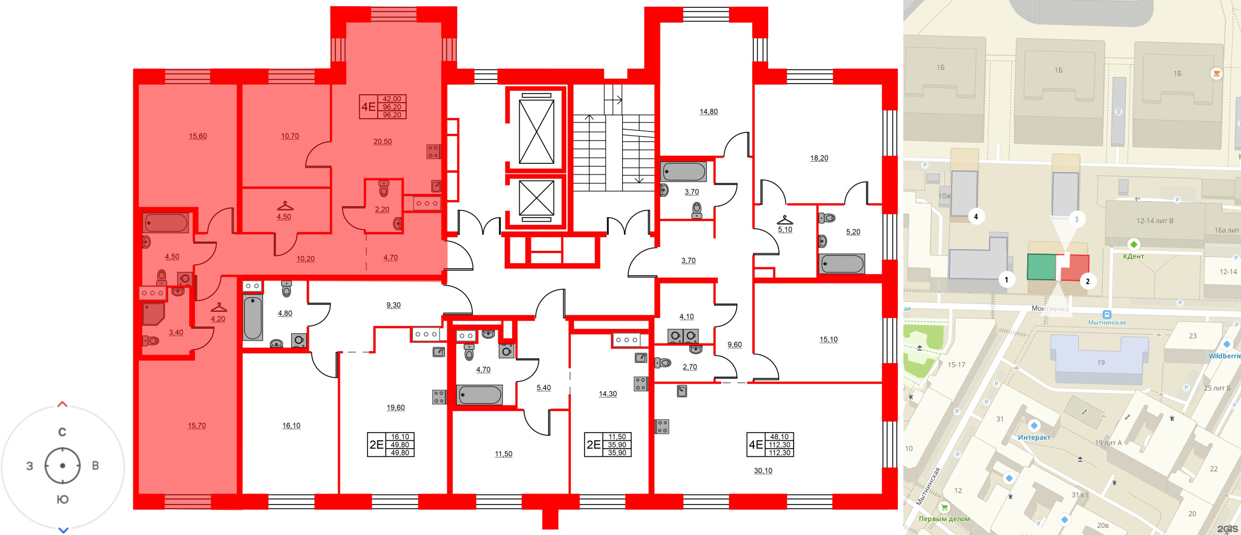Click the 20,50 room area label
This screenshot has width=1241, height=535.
382,142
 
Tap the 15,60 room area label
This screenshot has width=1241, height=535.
198,136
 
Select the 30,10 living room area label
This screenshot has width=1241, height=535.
763,471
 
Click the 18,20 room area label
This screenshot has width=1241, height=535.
819,158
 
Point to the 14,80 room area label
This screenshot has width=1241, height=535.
708,112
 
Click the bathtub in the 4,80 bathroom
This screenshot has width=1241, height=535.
253,318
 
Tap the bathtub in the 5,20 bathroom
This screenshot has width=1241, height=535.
842,264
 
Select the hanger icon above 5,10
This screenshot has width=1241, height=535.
784,220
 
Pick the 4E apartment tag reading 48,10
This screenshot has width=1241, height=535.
771,445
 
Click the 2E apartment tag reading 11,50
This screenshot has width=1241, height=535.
608,445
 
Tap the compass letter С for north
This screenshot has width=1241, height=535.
63,432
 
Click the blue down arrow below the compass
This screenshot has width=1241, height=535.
63,530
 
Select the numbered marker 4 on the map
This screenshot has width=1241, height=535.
976,217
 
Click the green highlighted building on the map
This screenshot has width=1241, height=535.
1041,267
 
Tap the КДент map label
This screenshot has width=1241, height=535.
1133,256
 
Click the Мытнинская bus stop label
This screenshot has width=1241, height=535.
1106,322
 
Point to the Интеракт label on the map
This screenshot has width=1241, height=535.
1033,438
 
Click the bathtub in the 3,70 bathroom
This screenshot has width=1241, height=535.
684,172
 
